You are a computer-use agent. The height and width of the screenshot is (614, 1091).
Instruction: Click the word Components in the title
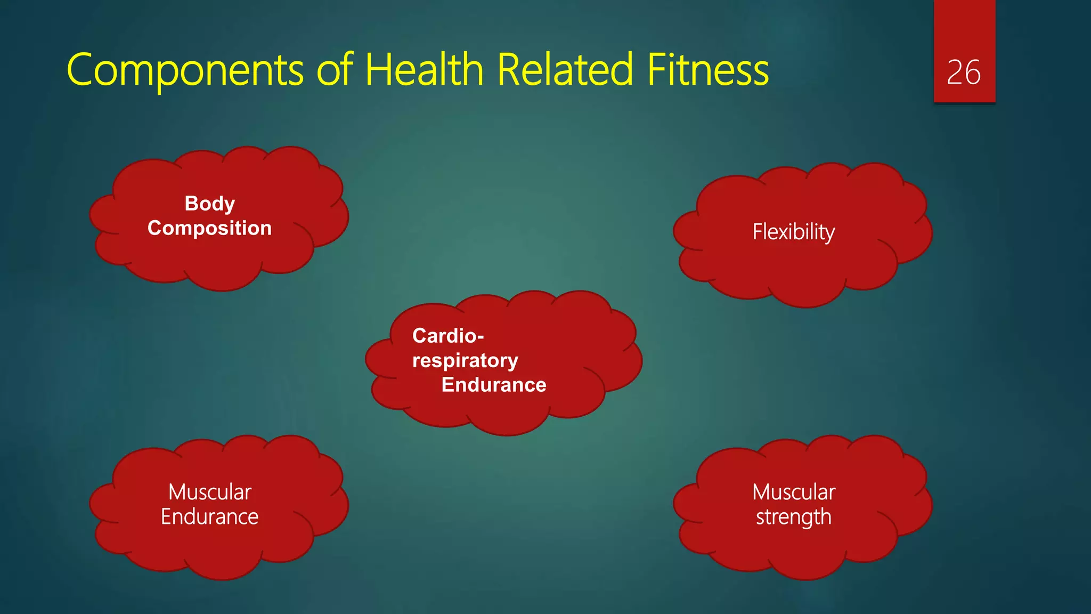coord(185,70)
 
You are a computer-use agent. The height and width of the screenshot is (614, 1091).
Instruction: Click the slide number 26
coord(963,72)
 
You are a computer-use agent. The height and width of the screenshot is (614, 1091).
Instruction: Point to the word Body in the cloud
coord(209,204)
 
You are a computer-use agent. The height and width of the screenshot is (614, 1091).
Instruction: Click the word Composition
coord(209,228)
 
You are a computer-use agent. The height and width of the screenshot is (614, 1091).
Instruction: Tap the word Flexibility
coord(793,232)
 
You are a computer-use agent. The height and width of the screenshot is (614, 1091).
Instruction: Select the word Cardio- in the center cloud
coord(447,336)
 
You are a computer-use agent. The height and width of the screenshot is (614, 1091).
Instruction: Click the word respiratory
coord(465,360)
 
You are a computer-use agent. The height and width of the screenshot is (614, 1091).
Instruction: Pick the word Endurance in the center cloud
coord(494,385)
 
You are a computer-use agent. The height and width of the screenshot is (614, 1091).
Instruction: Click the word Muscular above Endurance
coord(209,492)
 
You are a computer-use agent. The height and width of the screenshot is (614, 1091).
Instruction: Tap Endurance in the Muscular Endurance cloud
coord(209,516)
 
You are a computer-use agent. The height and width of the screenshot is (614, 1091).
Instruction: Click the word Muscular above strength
coord(793,492)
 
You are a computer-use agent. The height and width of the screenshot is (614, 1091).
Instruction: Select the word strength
coord(793,516)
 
